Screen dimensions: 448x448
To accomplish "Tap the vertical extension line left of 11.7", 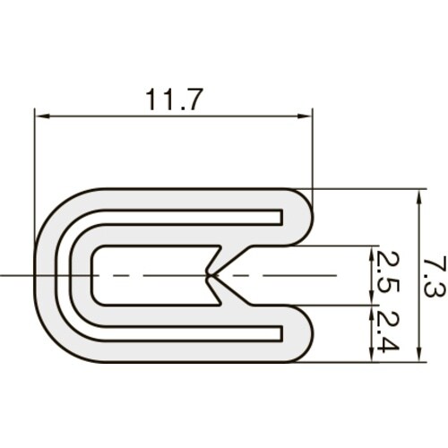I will point(35,179).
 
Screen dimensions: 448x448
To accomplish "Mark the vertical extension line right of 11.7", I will point(313,152).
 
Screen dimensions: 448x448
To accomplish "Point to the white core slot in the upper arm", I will point(179,215).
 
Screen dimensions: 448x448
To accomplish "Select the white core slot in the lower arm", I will point(179,335).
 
